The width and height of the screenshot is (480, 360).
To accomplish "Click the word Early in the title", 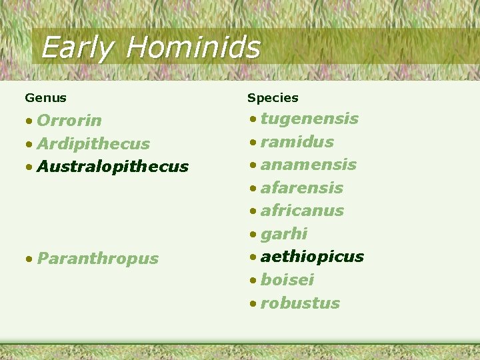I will tap(75, 48).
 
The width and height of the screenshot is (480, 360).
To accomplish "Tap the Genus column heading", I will tap(45, 98).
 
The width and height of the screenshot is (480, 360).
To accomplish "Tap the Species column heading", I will tap(273, 98).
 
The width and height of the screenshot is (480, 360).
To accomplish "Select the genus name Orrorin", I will tap(69, 121).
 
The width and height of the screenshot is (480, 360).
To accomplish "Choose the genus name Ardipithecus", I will tap(93, 144).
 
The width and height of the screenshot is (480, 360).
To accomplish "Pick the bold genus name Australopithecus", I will tap(113, 167).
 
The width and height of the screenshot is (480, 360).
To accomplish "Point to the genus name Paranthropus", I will tap(98, 259).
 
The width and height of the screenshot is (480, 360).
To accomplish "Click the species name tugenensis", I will tap(309, 119).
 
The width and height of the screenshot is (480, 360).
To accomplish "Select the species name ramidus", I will tap(297, 142).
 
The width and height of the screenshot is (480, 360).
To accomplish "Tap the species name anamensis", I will tap(308, 165).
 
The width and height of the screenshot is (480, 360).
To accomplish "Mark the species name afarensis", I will tap(301, 188).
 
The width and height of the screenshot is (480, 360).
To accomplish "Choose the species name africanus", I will tap(302, 211).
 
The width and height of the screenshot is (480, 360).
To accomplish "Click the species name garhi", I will tap(284, 234).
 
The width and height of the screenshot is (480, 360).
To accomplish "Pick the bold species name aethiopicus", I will tap(312, 257).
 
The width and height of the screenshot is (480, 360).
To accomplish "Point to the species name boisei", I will tap(287, 280).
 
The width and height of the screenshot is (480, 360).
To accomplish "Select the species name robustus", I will tap(300, 303).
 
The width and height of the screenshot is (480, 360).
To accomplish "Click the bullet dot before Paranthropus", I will tap(29, 259).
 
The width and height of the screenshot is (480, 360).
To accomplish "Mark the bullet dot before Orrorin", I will tap(29, 121).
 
